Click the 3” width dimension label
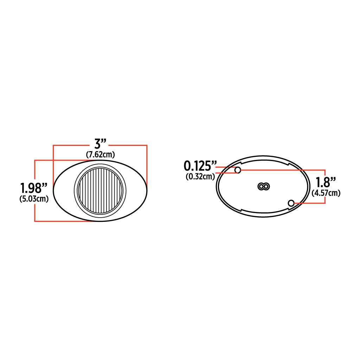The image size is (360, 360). [x=100, y=144]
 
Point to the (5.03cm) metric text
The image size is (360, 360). [x=34, y=199]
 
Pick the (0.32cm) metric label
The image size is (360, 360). [x=200, y=176]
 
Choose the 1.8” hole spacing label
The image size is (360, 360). [x=326, y=182]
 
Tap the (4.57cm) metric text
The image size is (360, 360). [x=326, y=193]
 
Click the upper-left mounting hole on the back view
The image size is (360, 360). [x=238, y=170]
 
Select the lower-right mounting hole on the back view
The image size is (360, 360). [x=291, y=203]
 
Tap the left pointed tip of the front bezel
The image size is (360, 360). [x=55, y=190]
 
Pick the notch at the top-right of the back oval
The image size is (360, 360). [x=288, y=163]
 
